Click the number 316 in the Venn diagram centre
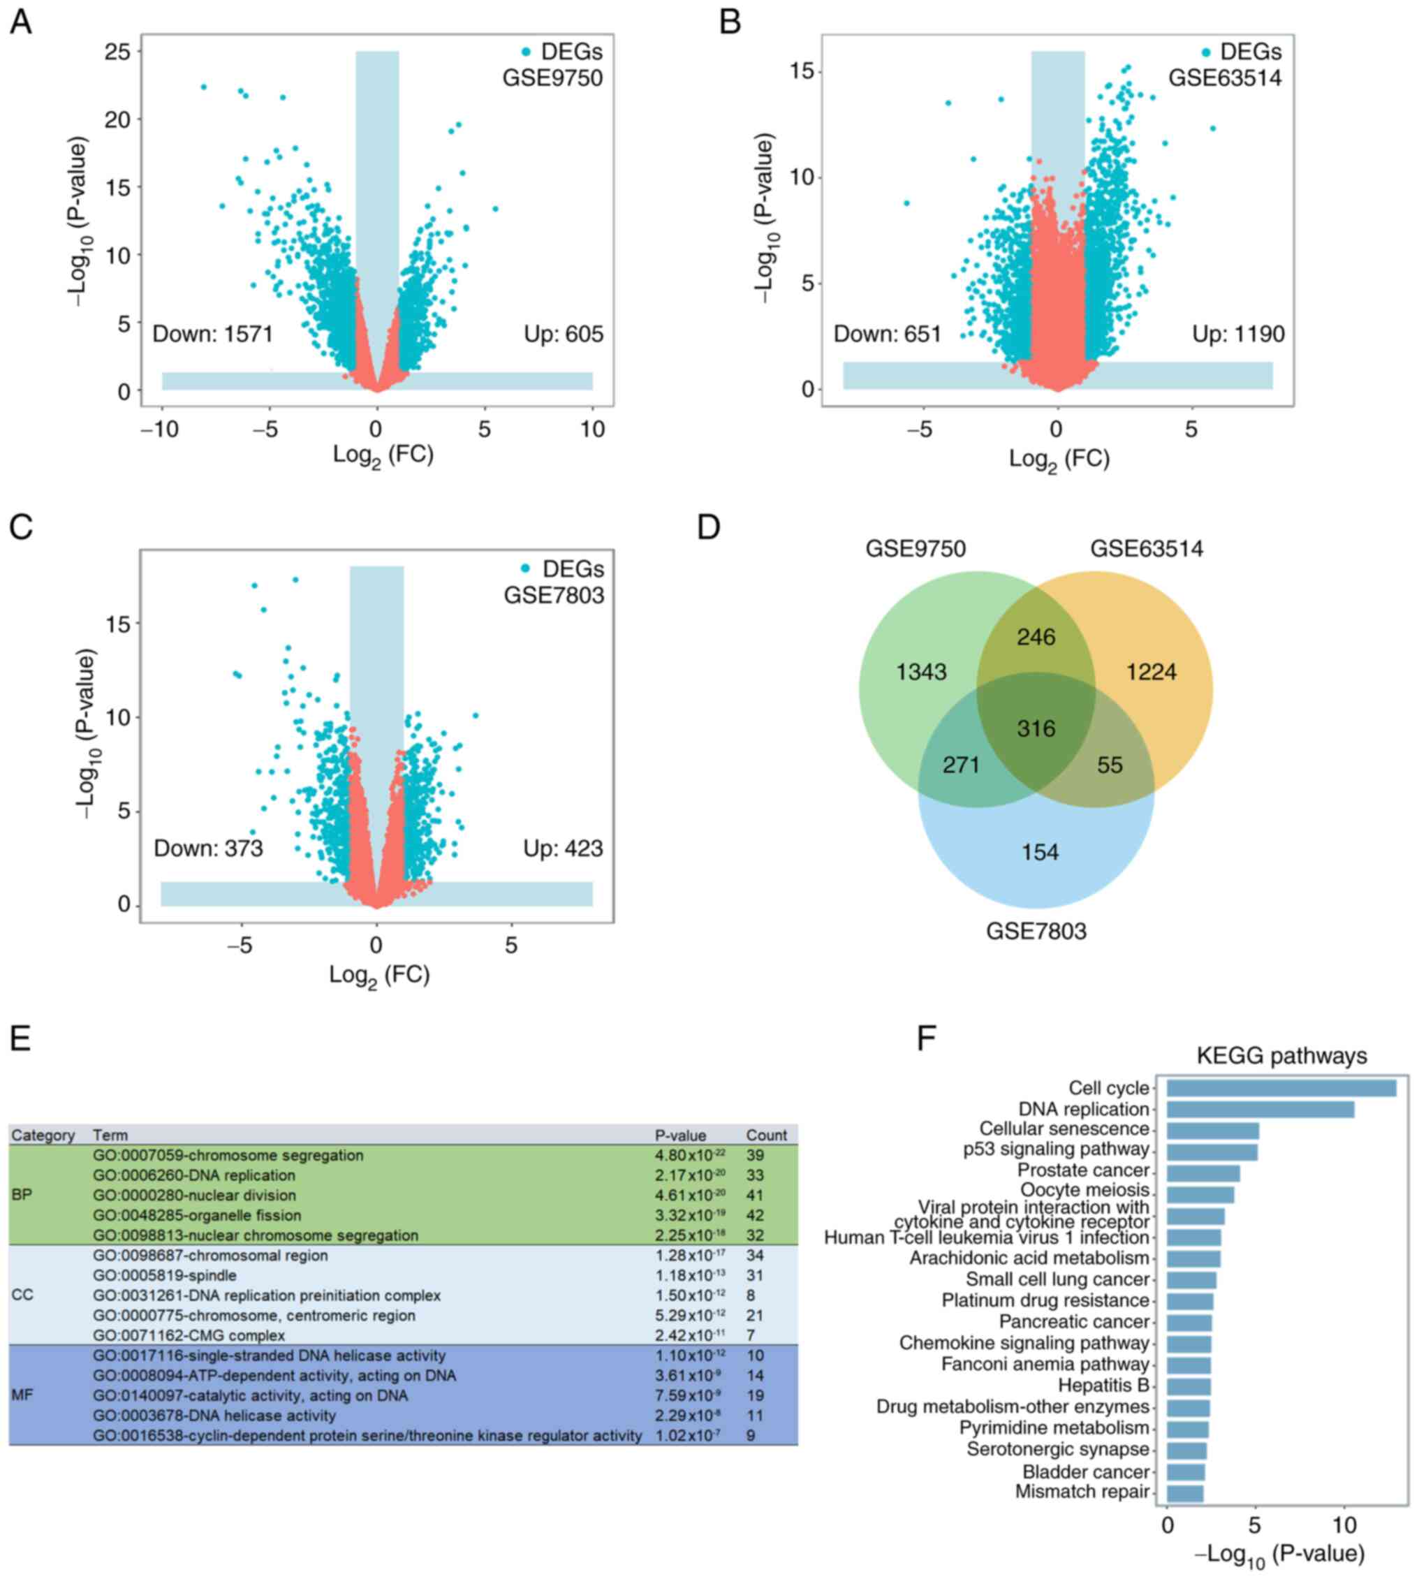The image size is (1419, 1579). click(x=1036, y=728)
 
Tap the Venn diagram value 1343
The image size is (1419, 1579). click(x=921, y=671)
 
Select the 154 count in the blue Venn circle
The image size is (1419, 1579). click(x=1040, y=852)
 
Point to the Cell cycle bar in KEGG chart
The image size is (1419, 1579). click(x=1281, y=1089)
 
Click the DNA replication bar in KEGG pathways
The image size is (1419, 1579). click(x=1260, y=1110)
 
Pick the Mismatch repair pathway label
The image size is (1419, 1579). click(x=1082, y=1492)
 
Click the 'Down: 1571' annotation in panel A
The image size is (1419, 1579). click(x=212, y=335)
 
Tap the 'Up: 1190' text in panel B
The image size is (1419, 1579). click(x=1238, y=335)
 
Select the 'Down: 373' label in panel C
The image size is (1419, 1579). click(x=208, y=849)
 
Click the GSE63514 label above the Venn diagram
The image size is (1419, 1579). click(x=1146, y=549)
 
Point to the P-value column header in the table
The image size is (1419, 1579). click(x=680, y=1136)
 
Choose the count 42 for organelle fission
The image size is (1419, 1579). click(x=755, y=1216)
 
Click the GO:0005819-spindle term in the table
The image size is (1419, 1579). click(x=165, y=1276)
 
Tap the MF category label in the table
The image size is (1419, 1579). click(x=22, y=1395)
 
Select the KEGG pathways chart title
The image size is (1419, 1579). click(x=1281, y=1056)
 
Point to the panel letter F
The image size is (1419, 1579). click(x=926, y=1039)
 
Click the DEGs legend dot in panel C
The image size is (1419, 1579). click(x=527, y=568)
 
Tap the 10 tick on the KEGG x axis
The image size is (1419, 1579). click(x=1344, y=1525)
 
